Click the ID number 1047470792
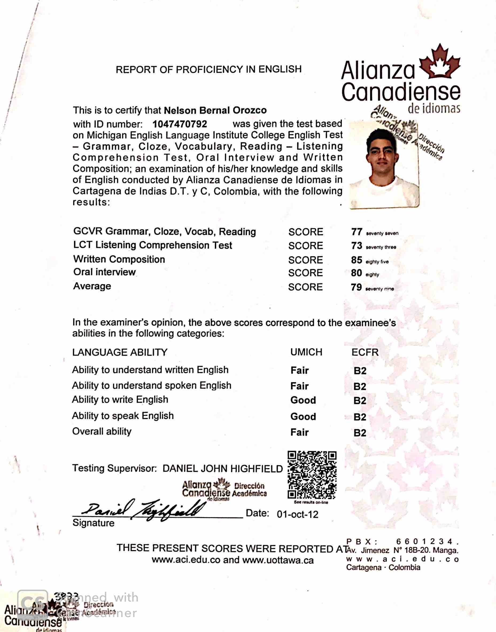(180, 124)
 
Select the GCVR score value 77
(356, 232)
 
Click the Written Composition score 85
(356, 260)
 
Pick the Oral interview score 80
(356, 273)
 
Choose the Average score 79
(356, 287)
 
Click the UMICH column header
(306, 352)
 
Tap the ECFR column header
(365, 352)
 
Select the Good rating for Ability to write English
(303, 400)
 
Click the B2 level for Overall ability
(360, 433)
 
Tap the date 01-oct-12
(297, 514)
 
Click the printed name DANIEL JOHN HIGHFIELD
(222, 469)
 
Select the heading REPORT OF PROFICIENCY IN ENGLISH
(208, 69)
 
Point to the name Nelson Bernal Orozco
(215, 110)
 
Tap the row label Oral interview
(104, 272)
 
